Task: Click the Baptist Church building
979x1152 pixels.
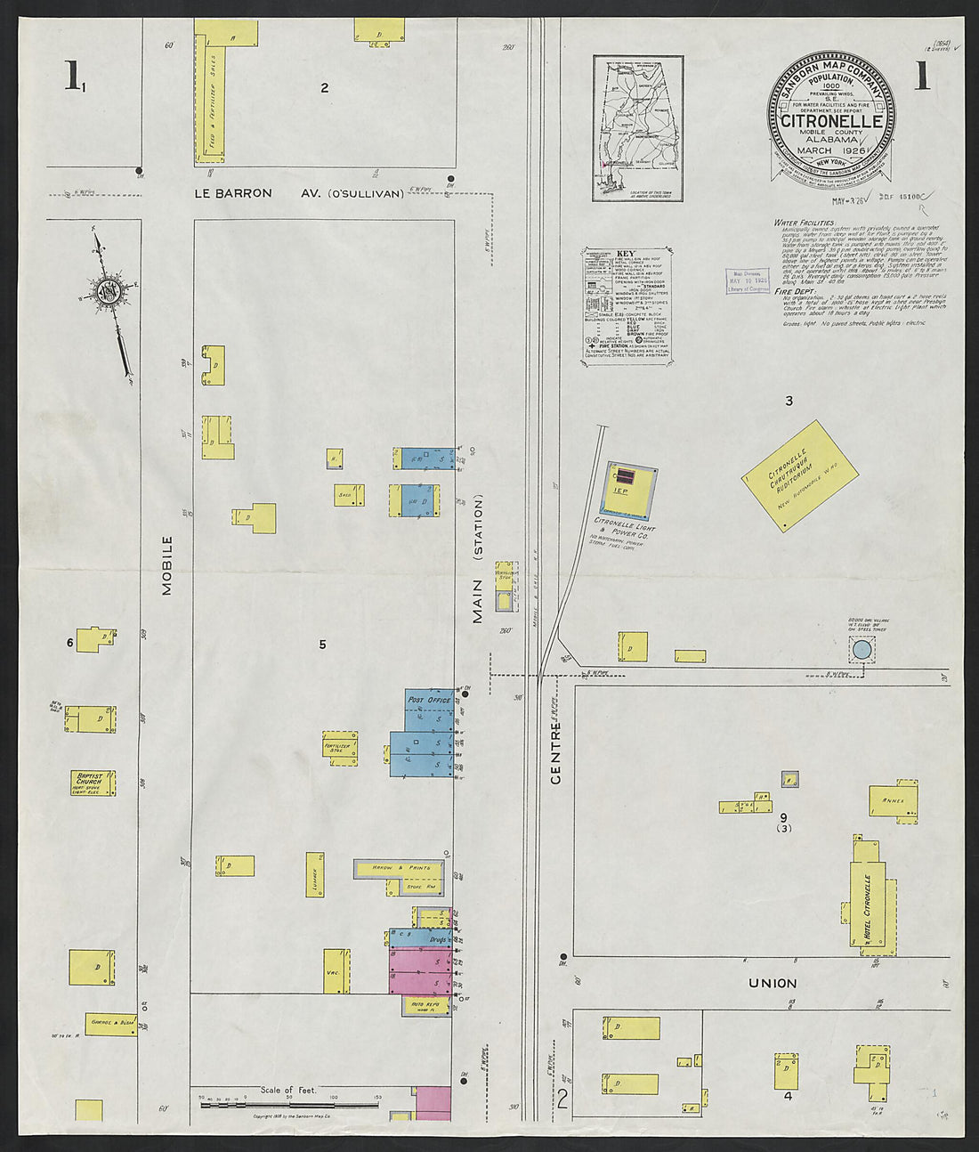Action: (x=93, y=783)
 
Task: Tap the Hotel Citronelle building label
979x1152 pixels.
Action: (x=865, y=908)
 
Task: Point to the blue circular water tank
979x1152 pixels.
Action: (x=861, y=651)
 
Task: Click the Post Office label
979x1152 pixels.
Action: (x=429, y=701)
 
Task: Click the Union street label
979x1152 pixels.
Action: (x=772, y=983)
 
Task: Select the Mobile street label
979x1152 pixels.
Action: (x=166, y=565)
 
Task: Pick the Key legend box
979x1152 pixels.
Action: (x=627, y=305)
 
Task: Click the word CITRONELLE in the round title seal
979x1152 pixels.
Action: (x=831, y=121)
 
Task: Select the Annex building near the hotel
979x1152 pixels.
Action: (x=894, y=800)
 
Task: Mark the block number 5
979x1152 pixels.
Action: (x=323, y=644)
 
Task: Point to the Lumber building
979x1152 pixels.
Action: (x=314, y=874)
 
